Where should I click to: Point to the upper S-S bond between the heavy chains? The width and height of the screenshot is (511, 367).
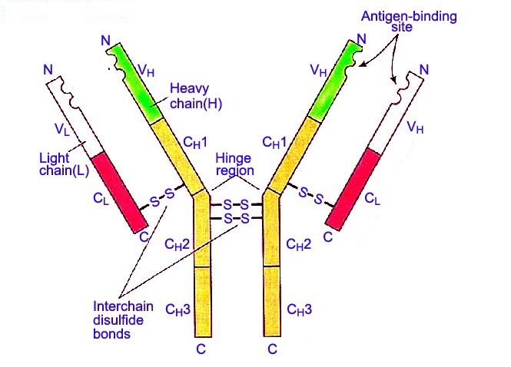(236, 205)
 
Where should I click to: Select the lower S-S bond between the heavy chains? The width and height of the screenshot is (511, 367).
(236, 218)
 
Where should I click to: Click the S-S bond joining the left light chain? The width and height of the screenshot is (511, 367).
(161, 197)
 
